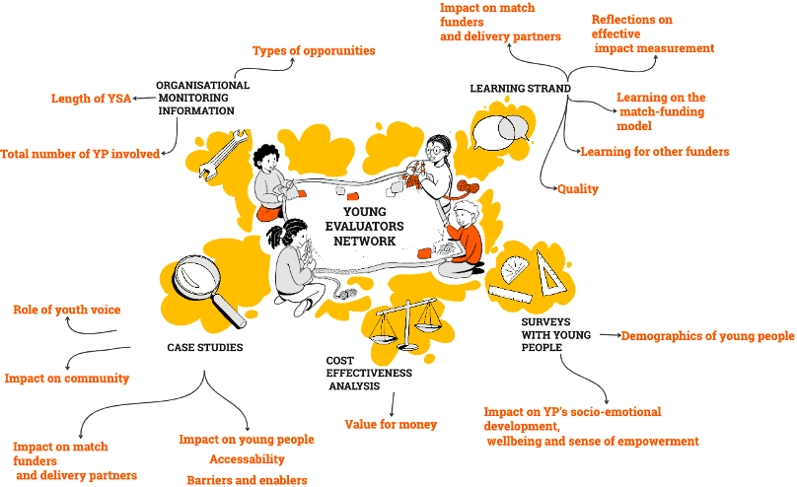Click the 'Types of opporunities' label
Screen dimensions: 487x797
pyautogui.click(x=314, y=50)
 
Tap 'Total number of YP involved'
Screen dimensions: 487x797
pyautogui.click(x=79, y=154)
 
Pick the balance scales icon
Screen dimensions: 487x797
pyautogui.click(x=403, y=319)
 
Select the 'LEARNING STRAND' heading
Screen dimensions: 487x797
pyautogui.click(x=520, y=89)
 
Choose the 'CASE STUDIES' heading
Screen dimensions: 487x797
pyautogui.click(x=204, y=347)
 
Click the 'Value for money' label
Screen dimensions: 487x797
pyautogui.click(x=391, y=424)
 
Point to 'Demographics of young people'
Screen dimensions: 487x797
pyautogui.click(x=707, y=336)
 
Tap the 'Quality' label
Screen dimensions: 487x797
pyautogui.click(x=578, y=188)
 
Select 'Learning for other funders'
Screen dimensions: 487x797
pyautogui.click(x=655, y=152)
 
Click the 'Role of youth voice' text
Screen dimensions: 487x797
pyautogui.click(x=67, y=310)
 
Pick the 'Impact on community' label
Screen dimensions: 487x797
pyautogui.click(x=67, y=378)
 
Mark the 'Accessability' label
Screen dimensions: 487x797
pyautogui.click(x=247, y=458)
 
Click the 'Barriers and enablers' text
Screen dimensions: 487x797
pyautogui.click(x=247, y=480)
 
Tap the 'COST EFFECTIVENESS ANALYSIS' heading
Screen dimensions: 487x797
pyautogui.click(x=368, y=374)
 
